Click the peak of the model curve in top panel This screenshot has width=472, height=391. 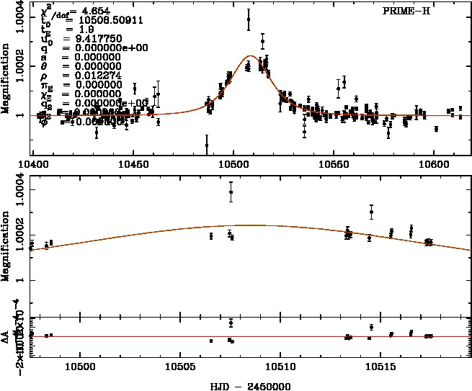[x=251, y=55]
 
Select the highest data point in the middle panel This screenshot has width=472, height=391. [x=231, y=192]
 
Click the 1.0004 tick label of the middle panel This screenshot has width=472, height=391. [x=19, y=190]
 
